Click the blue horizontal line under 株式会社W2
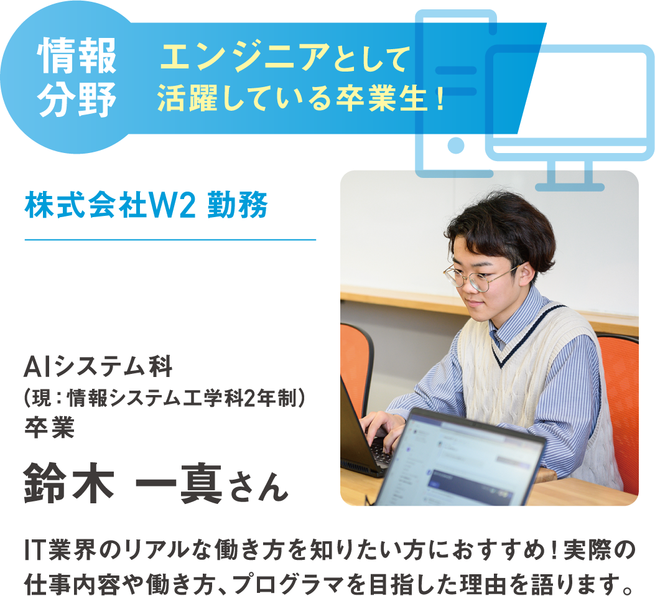click(x=170, y=239)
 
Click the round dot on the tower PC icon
click(x=456, y=145)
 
